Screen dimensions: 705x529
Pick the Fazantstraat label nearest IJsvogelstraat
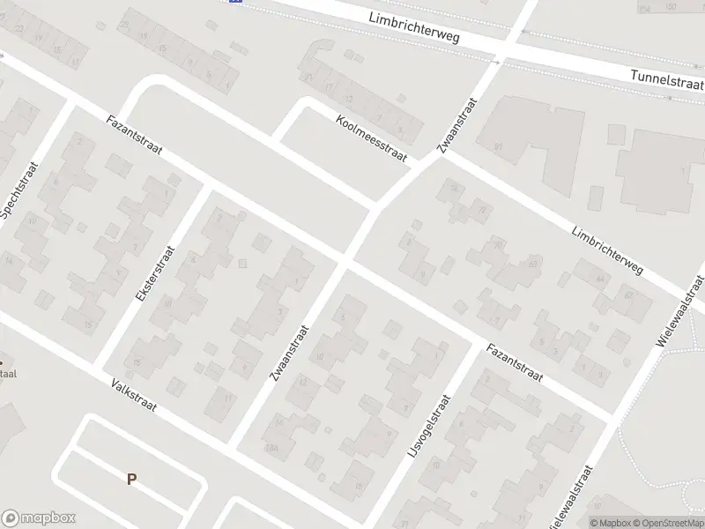pos(516,361)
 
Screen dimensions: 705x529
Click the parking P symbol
pos(132,480)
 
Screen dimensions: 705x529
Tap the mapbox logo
pos(38,518)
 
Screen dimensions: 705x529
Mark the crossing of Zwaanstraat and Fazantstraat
pos(345,261)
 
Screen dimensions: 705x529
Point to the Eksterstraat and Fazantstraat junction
pos(207,187)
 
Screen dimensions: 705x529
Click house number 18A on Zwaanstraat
pos(273,448)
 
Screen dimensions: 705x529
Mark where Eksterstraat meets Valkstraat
pos(95,366)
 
